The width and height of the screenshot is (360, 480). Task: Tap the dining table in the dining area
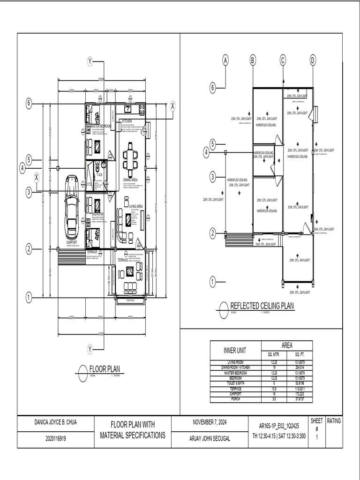(x=131, y=159)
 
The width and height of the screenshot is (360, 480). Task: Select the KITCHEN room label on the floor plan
(x=127, y=121)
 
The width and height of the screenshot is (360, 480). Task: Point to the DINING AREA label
(x=130, y=180)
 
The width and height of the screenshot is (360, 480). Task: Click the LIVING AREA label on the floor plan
(x=136, y=206)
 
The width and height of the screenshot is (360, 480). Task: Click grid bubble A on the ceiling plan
(x=225, y=60)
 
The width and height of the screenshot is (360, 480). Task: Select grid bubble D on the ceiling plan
(x=313, y=60)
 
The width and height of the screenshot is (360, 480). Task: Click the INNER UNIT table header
(x=235, y=351)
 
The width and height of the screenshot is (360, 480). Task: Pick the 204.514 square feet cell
(x=299, y=367)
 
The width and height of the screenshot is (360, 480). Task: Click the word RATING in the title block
(x=334, y=421)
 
